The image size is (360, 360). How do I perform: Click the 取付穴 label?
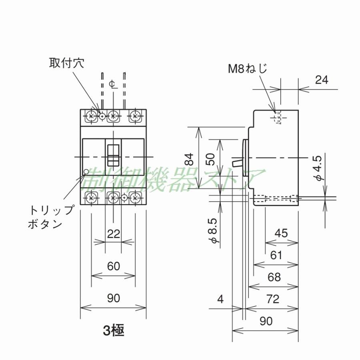click(66, 63)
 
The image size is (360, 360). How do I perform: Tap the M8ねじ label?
click(248, 68)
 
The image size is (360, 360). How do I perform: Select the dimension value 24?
click(321, 80)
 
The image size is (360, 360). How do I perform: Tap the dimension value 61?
click(276, 255)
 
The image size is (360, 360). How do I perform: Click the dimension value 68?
click(274, 277)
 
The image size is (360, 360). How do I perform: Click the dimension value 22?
click(114, 234)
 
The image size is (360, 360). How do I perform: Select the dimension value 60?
click(114, 266)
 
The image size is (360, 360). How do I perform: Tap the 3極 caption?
click(114, 330)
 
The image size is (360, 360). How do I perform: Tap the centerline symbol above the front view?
click(113, 84)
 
